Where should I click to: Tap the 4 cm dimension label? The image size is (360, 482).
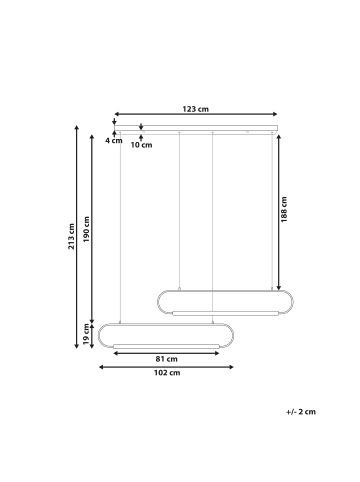tap(114, 141)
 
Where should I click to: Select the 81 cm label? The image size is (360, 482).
tap(166, 358)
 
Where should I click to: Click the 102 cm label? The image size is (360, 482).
tap(166, 374)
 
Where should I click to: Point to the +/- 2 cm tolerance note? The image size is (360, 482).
tap(300, 411)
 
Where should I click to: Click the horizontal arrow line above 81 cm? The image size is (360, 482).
tap(166, 350)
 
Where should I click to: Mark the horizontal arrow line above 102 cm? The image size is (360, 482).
tap(166, 366)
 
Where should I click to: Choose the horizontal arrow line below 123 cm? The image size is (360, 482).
tap(195, 115)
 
